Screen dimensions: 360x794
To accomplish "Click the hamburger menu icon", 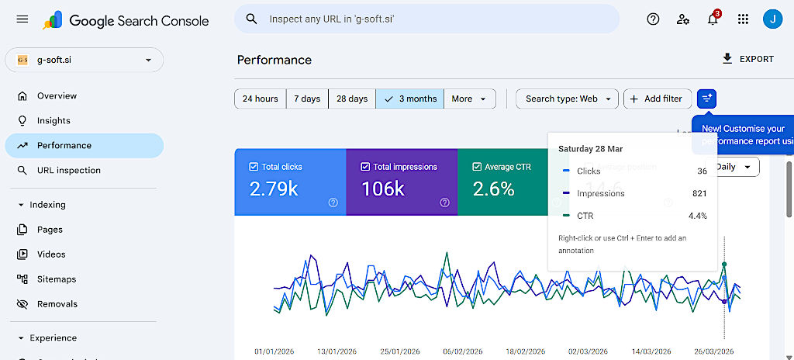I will [x=22, y=19].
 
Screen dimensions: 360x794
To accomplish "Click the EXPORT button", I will [x=747, y=59].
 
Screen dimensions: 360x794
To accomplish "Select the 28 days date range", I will [x=352, y=99].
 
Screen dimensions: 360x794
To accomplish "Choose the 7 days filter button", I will [x=307, y=99].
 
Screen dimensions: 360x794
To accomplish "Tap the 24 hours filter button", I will [x=260, y=99].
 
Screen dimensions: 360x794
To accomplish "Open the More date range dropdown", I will [x=470, y=99].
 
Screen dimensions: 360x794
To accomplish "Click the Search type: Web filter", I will [x=567, y=99].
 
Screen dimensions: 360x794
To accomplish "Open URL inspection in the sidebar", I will [x=68, y=171].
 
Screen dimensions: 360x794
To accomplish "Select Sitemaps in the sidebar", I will [x=57, y=279].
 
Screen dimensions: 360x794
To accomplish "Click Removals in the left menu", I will [x=57, y=304].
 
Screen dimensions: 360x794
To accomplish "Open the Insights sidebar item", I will [x=54, y=121].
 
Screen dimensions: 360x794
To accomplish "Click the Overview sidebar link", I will [x=57, y=96].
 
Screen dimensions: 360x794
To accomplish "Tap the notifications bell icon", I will [x=713, y=19].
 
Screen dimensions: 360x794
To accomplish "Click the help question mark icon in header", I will [x=653, y=19].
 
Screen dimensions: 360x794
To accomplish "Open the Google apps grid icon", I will [x=743, y=19].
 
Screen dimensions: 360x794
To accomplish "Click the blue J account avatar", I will [x=772, y=19].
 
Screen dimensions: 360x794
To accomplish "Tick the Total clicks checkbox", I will [x=254, y=167].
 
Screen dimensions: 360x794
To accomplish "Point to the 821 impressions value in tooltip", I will [x=699, y=193].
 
